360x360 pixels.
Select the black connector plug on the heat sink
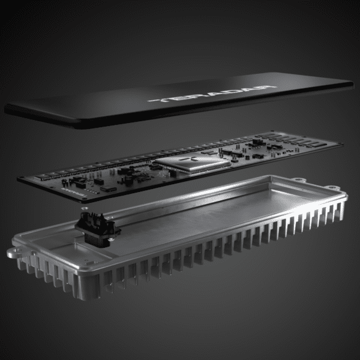tap(96, 227)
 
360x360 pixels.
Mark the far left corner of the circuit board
tap(20, 179)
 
